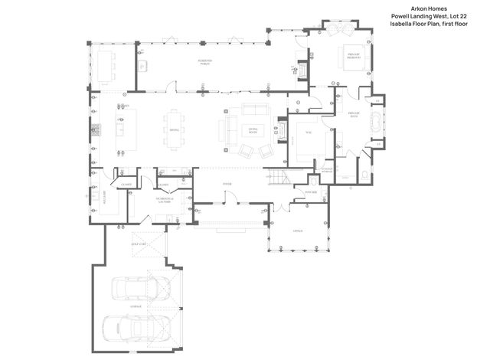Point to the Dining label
pos(174,130)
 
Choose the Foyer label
pos(227,184)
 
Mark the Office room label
pos(298,231)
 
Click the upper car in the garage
pos(140,289)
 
